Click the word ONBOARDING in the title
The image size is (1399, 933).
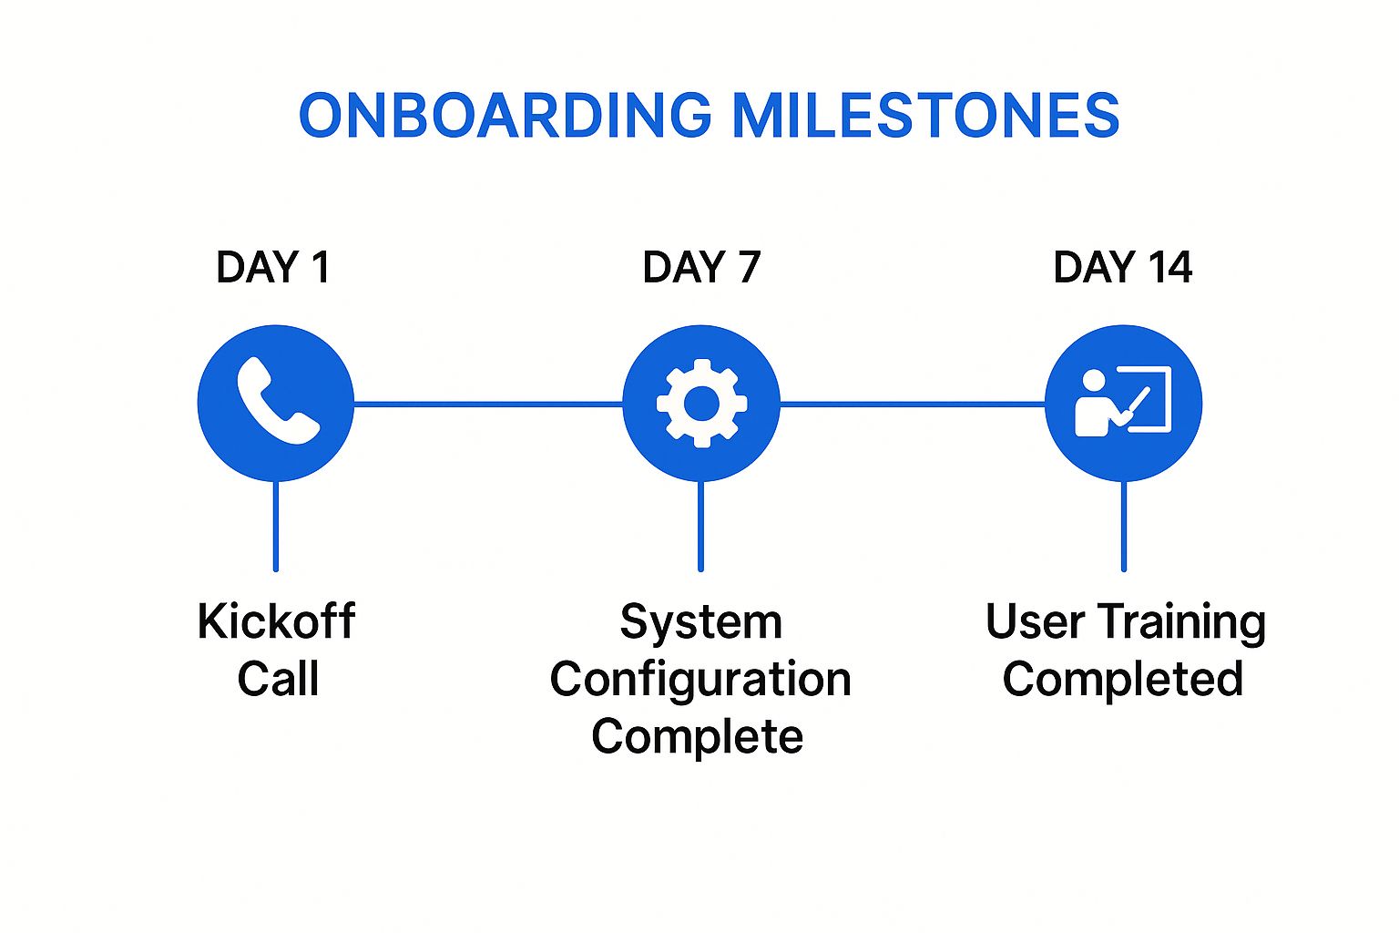pos(505,116)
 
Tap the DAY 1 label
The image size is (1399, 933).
pos(272,267)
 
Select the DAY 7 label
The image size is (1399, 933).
pos(700,267)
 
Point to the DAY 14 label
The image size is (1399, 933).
pos(1122,267)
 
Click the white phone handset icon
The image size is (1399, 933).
pos(277,402)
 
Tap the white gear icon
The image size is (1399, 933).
pos(701,403)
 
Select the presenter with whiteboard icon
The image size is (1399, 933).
pos(1123,402)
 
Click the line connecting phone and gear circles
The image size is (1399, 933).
pos(487,403)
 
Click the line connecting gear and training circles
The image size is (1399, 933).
pos(912,403)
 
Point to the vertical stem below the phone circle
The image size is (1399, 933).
pos(276,526)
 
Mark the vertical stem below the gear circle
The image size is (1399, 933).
pos(700,526)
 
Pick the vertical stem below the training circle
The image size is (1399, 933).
pos(1124,526)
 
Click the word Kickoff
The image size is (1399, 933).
pos(276,621)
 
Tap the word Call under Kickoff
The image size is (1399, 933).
pos(278,679)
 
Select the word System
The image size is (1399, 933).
pos(700,623)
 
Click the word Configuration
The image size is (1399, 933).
pos(700,681)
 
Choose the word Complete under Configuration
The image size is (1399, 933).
pos(697,737)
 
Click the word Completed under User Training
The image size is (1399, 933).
pos(1122,680)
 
